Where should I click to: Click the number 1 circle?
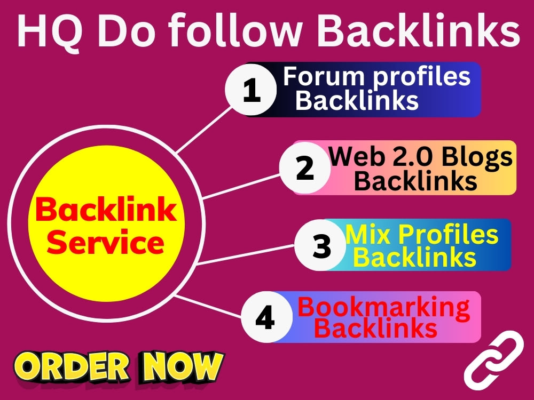251,90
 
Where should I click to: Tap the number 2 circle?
305,168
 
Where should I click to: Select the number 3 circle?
320,245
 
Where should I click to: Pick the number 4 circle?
266,317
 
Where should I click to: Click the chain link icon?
494,361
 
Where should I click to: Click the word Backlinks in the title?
418,30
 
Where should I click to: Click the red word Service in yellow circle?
106,242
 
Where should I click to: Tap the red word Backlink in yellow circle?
106,209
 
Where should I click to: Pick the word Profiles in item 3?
448,234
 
